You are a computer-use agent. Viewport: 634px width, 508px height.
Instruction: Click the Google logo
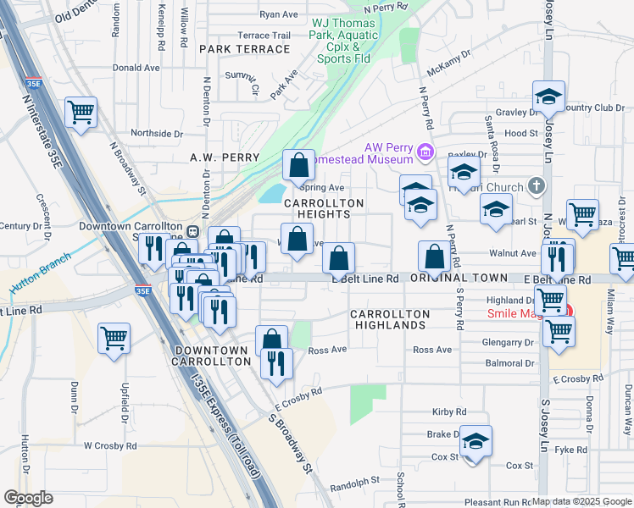click(x=28, y=498)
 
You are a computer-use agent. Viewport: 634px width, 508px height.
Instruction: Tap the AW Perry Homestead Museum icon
click(x=425, y=153)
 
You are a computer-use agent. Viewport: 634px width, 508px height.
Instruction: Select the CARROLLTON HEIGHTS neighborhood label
click(x=324, y=209)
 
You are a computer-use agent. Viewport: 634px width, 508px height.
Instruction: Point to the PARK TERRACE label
click(x=245, y=49)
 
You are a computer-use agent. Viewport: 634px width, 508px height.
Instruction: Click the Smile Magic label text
click(x=518, y=313)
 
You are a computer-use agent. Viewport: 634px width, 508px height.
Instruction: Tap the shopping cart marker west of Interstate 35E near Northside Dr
click(x=81, y=113)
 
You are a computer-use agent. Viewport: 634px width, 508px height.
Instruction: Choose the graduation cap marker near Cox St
click(x=475, y=441)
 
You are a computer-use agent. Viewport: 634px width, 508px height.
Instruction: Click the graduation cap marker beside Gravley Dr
click(x=548, y=97)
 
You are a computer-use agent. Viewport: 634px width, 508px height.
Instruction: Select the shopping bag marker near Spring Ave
click(x=298, y=165)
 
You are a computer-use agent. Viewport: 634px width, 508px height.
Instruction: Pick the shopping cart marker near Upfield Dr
click(x=114, y=339)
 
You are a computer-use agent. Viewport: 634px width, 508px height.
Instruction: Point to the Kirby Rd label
click(x=449, y=411)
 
